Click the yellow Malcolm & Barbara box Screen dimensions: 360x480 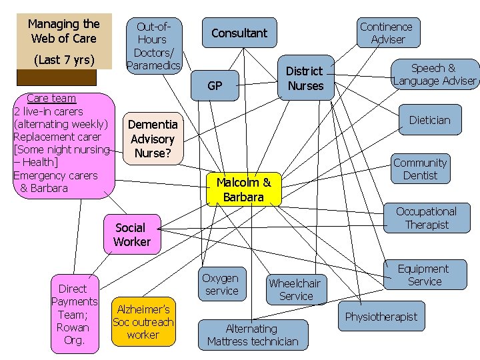click(243, 189)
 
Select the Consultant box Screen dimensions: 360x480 click(239, 33)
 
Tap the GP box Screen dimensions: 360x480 click(215, 85)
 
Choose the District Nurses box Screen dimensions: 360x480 click(305, 78)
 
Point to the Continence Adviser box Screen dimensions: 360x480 click(386, 33)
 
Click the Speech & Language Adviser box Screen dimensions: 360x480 click(435, 74)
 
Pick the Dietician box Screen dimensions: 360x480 click(429, 120)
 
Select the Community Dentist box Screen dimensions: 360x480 click(420, 169)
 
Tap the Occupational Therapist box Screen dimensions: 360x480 click(427, 218)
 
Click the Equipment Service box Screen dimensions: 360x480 click(424, 275)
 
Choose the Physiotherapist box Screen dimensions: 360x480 click(381, 317)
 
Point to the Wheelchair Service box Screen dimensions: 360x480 click(295, 289)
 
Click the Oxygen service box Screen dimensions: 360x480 click(221, 284)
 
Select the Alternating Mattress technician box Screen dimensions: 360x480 click(253, 335)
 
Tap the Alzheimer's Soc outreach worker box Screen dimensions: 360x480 click(143, 321)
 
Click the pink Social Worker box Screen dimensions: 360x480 click(132, 235)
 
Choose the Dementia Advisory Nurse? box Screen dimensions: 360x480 click(152, 139)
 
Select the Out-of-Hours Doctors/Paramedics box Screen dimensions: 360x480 click(153, 45)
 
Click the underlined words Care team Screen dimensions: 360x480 click(51, 98)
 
